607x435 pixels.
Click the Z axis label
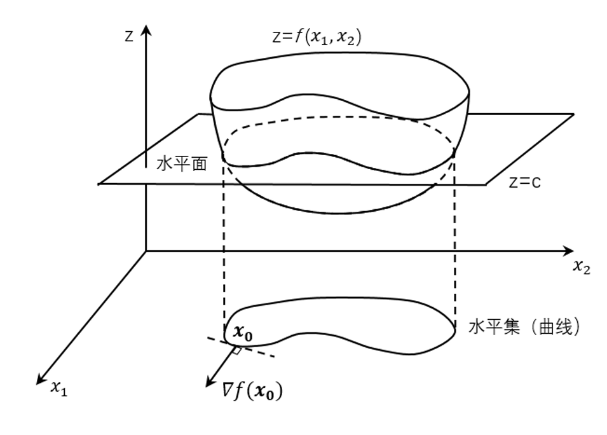point(129,36)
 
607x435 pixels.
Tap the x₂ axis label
point(581,268)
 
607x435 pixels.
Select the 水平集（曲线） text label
point(524,327)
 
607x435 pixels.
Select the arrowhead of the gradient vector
point(208,384)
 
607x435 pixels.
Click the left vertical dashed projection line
point(224,254)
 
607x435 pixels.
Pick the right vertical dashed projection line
point(456,254)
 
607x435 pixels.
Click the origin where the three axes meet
point(146,251)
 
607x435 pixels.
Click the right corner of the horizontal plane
point(575,114)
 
